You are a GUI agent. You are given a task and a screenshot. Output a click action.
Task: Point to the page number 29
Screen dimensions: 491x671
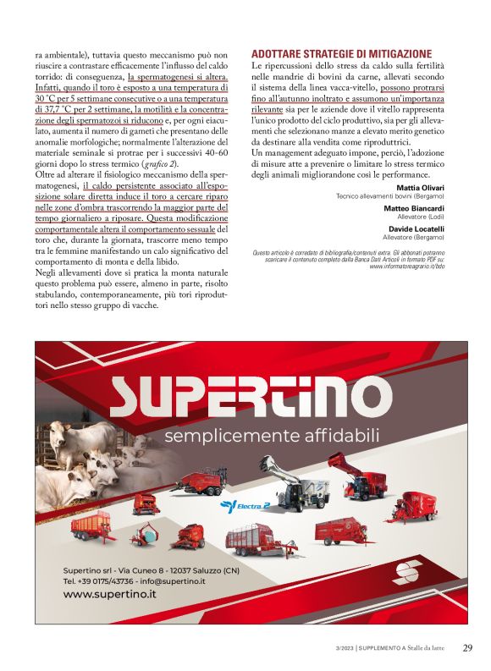(466, 648)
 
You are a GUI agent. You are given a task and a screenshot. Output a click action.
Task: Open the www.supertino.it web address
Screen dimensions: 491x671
(110, 594)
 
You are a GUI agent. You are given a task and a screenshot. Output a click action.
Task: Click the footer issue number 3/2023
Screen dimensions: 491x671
(341, 649)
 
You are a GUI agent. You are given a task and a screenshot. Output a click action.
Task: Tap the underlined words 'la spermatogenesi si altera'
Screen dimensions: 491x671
(177, 76)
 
